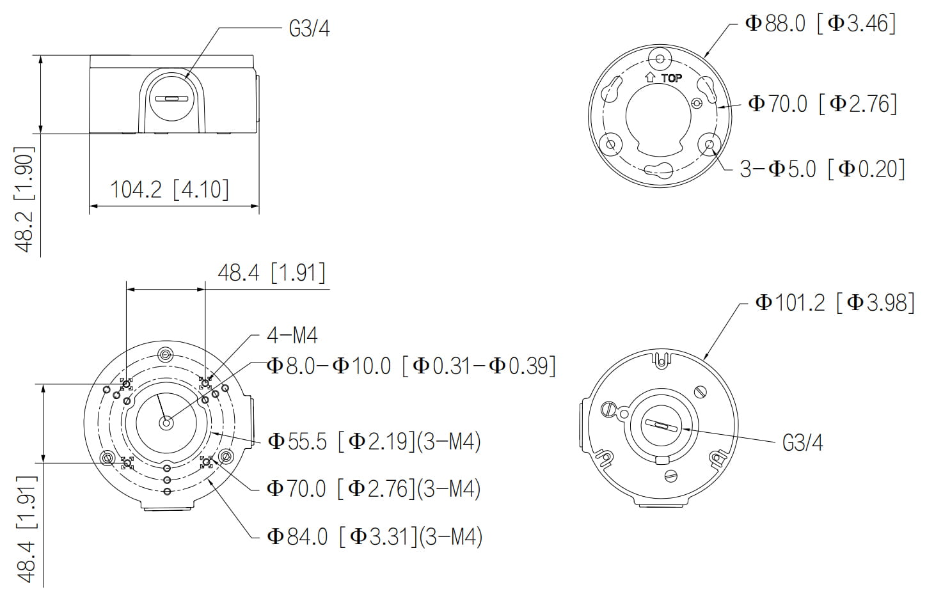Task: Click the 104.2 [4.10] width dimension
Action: (170, 190)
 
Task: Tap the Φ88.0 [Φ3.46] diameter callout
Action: (821, 24)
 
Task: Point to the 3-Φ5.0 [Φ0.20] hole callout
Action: (822, 169)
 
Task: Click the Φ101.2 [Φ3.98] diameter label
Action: (835, 302)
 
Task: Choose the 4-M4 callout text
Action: (292, 335)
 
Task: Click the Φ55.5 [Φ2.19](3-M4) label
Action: (374, 441)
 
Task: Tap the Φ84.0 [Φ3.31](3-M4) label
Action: (374, 536)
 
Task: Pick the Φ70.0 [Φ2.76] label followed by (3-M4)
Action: (374, 488)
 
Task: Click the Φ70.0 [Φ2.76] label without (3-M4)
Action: (823, 104)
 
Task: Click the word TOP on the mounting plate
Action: (671, 78)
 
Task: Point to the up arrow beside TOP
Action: (651, 77)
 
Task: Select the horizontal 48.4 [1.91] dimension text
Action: (271, 273)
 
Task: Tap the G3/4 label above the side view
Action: (309, 29)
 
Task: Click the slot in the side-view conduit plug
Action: (172, 99)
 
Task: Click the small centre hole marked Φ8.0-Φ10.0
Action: (166, 422)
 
